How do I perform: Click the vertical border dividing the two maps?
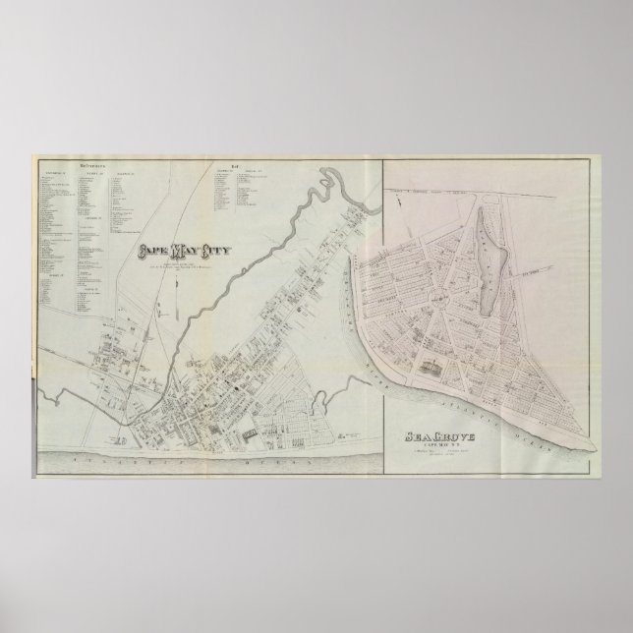pyautogui.click(x=382, y=295)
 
